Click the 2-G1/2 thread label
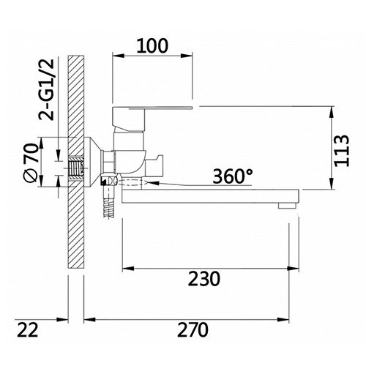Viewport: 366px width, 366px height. pyautogui.click(x=30, y=87)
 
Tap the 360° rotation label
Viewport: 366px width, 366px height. pyautogui.click(x=234, y=176)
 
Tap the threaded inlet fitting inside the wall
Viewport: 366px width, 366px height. pyautogui.click(x=75, y=171)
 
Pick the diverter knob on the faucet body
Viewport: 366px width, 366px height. pyautogui.click(x=157, y=162)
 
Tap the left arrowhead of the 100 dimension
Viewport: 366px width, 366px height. pyautogui.click(x=116, y=55)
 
